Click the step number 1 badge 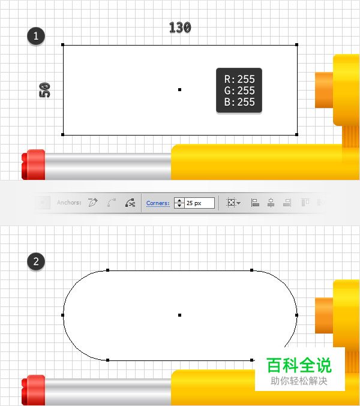[x=37, y=36]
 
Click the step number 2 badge [x=37, y=261]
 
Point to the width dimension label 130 [x=180, y=28]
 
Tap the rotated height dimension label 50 [x=45, y=90]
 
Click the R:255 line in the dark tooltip [x=239, y=79]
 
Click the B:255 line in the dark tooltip [x=239, y=102]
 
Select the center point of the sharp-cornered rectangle [x=180, y=89]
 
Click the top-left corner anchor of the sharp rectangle [x=63, y=44]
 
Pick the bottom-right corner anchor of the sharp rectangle [x=297, y=135]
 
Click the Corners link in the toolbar [x=158, y=203]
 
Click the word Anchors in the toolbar [x=69, y=203]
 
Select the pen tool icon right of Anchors [x=92, y=203]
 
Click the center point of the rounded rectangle [x=180, y=314]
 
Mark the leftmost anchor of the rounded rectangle [x=63, y=314]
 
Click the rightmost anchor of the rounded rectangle [x=297, y=314]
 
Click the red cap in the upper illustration [x=34, y=164]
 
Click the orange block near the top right [x=324, y=90]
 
